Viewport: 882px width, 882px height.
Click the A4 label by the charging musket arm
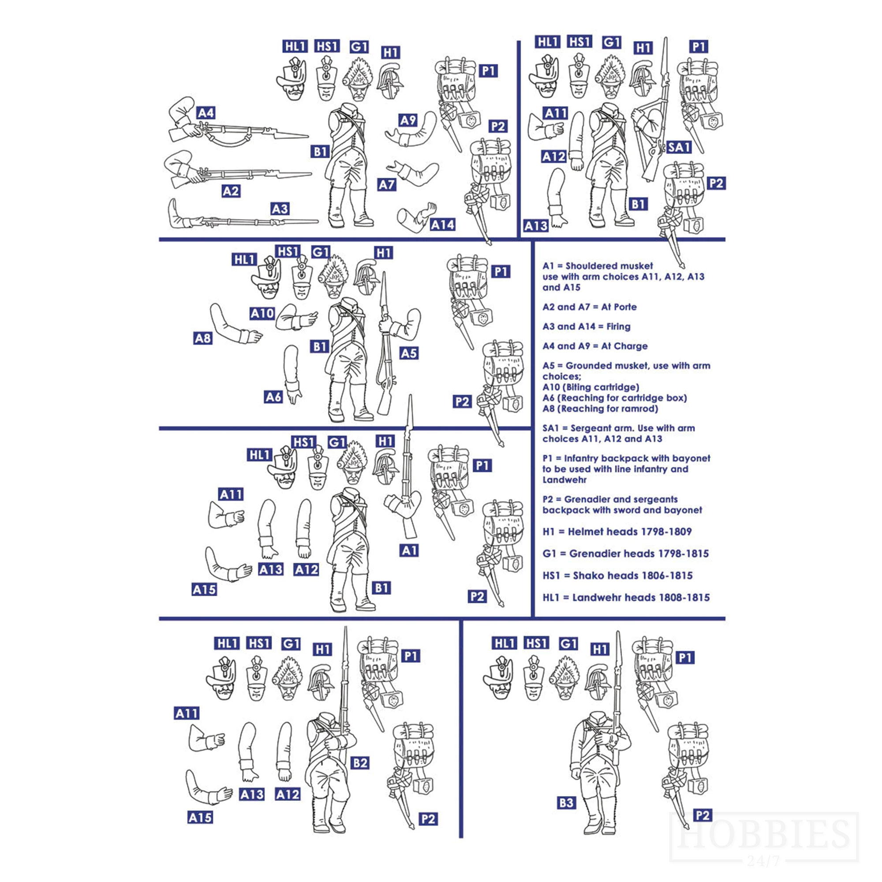click(206, 113)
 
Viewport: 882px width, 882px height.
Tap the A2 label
click(231, 191)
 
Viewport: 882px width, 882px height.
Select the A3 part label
click(280, 209)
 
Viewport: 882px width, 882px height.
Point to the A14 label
click(442, 224)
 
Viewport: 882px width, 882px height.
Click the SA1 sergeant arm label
click(679, 147)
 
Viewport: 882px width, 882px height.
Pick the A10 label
click(262, 314)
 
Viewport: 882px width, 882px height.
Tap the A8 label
click(203, 338)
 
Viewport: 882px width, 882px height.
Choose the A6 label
click(273, 397)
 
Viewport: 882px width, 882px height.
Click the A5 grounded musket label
click(409, 353)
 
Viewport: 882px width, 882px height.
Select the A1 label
click(409, 550)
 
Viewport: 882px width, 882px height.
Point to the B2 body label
click(360, 763)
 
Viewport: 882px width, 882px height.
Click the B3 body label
click(566, 803)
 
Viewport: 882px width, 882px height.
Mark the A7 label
click(387, 184)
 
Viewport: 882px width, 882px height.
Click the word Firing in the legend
click(618, 326)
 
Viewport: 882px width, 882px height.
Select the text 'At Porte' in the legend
click(619, 307)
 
